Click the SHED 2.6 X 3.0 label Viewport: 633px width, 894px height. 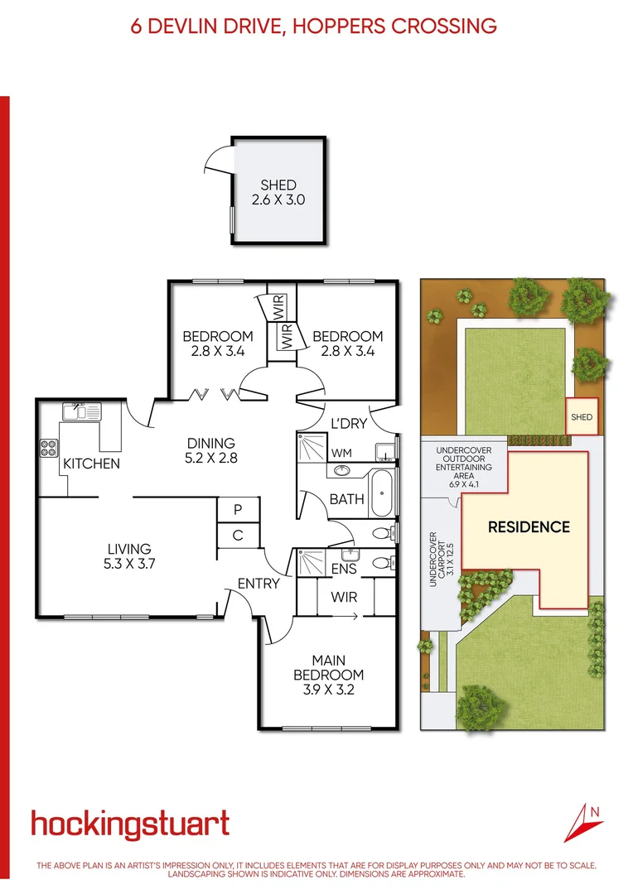[278, 192]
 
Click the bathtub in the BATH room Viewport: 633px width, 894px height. [381, 493]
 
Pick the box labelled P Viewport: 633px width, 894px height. [238, 509]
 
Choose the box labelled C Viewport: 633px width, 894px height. [238, 536]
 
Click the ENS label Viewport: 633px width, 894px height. [343, 569]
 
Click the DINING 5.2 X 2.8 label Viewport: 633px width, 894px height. [211, 449]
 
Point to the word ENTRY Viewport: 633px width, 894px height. [259, 584]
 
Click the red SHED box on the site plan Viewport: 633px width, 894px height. [582, 417]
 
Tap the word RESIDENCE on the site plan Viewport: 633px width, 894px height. [528, 526]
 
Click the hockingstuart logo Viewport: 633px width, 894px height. [130, 824]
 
